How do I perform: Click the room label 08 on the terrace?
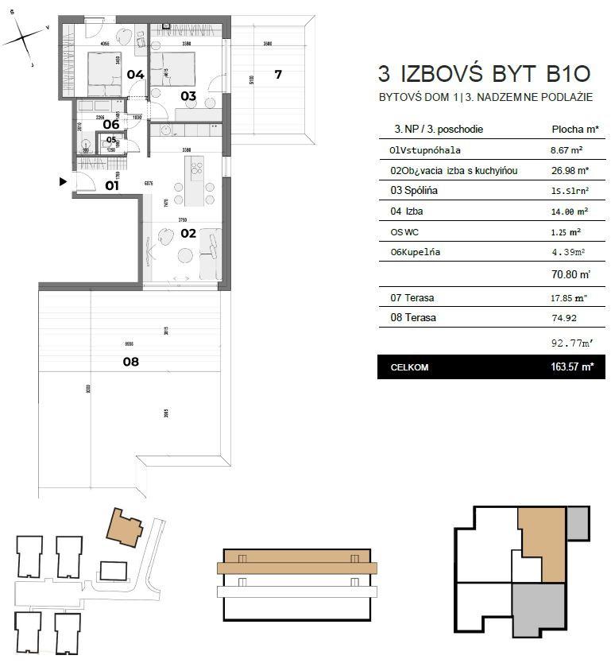pos(130,361)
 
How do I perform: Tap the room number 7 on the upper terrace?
pos(277,75)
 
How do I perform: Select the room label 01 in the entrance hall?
pos(112,186)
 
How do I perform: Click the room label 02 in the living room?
pos(188,234)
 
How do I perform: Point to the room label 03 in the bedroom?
pos(188,96)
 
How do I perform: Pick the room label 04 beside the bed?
pos(136,75)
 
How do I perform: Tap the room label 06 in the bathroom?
pos(111,124)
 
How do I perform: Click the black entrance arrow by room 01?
pos(64,182)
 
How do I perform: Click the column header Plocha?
pos(570,129)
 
